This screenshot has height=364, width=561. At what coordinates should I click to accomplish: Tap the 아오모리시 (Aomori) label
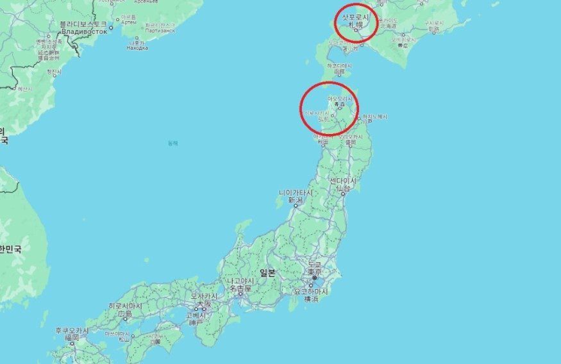340,99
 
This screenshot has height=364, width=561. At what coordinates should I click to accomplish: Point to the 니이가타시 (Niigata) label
296,193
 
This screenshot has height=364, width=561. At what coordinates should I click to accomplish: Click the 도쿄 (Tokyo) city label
314,264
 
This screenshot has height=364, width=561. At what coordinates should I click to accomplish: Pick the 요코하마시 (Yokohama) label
311,291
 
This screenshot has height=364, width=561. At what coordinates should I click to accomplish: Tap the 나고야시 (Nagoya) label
240,281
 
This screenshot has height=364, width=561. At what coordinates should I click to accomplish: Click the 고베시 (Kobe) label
195,315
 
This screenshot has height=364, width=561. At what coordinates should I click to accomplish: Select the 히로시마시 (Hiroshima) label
125,306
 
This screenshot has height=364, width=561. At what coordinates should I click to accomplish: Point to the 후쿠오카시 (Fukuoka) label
71,330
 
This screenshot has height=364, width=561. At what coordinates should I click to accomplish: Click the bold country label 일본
267,272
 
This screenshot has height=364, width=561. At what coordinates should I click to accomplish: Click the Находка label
137,47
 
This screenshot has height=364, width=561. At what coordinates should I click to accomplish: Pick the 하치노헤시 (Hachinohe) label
375,117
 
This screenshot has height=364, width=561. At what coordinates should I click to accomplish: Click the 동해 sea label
172,143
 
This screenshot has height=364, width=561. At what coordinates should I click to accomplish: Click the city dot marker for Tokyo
314,277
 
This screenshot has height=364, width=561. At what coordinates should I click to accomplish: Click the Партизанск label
160,30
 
